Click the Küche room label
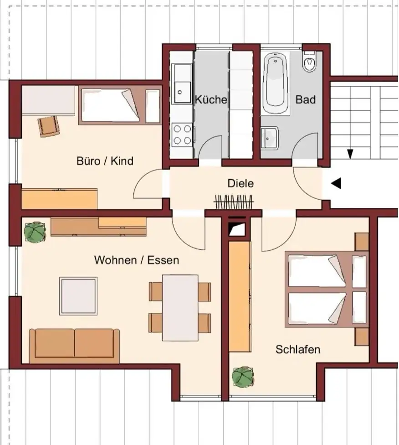211,99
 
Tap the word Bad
306,99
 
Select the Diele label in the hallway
240,183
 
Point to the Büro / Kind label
105,161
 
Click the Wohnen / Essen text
137,260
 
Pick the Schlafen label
298,349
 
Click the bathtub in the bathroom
275,84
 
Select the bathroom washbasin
270,138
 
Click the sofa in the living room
74,346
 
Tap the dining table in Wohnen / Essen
180,308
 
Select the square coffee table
78,296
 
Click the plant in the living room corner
35,232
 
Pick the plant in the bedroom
243,377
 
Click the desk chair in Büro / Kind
49,126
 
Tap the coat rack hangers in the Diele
234,202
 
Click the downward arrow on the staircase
351,154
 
